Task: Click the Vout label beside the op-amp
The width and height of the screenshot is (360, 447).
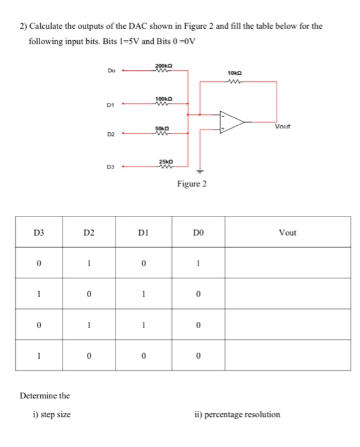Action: coord(283,126)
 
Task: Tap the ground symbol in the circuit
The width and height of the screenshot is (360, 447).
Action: coord(200,170)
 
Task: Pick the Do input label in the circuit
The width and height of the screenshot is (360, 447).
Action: coord(112,72)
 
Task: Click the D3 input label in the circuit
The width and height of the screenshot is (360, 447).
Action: coord(111,167)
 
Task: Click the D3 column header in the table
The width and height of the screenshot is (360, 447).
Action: coord(39,232)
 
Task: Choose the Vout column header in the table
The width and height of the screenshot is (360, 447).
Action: coord(287,232)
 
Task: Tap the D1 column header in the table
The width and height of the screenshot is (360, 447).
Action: coord(144,232)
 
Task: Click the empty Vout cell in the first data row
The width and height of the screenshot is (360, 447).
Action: coord(287,262)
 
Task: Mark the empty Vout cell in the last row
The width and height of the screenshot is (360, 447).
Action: coord(287,354)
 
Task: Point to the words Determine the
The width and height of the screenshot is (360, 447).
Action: coord(45,396)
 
